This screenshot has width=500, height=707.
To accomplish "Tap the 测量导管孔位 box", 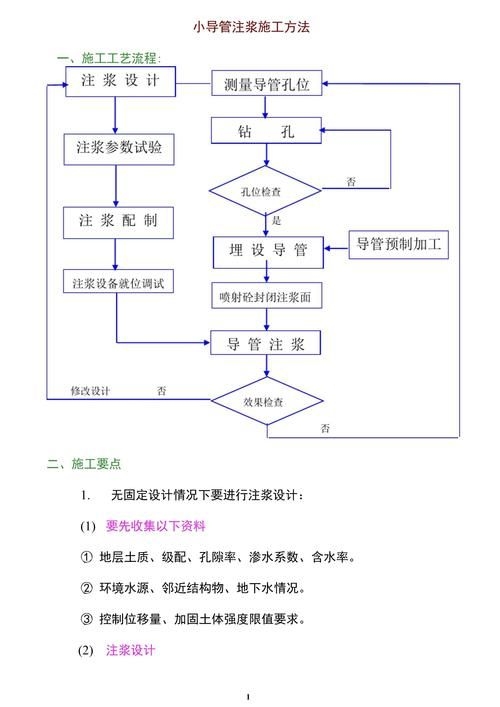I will [266, 86].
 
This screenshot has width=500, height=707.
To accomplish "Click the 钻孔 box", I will [266, 131].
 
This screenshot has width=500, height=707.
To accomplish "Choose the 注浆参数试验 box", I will [119, 149].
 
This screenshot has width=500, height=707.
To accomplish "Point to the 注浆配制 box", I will [118, 220].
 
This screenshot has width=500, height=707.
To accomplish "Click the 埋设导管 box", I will [266, 251].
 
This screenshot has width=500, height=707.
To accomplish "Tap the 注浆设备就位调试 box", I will [118, 283].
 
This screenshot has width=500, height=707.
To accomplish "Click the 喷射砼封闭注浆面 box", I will [265, 297].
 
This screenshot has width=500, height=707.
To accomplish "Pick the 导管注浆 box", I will [265, 344].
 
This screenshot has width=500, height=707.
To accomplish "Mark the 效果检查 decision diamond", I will [263, 403].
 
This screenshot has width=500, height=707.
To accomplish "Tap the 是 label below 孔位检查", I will [276, 220].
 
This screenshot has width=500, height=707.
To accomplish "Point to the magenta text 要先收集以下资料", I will [155, 526].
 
